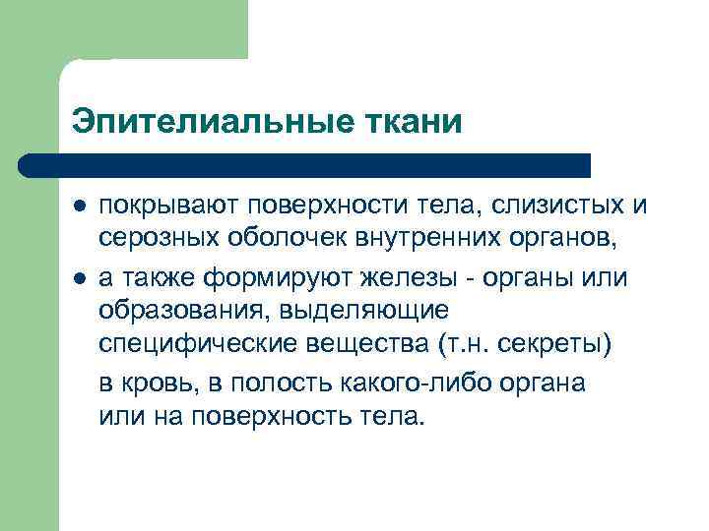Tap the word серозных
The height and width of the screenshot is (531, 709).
pos(152,242)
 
